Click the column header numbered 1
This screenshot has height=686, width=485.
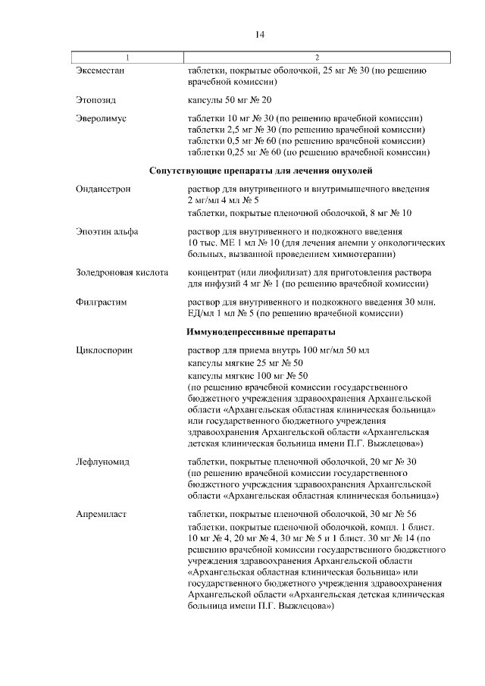coord(127,58)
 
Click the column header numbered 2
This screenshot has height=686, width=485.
coord(317,58)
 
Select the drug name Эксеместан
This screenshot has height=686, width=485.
coord(100,70)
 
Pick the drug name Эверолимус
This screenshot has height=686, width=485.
coord(101,119)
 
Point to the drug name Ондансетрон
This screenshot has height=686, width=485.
coord(104,189)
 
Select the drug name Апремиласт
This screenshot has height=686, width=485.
coord(102,514)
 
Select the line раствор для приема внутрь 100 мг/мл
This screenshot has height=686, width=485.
coord(278,351)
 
